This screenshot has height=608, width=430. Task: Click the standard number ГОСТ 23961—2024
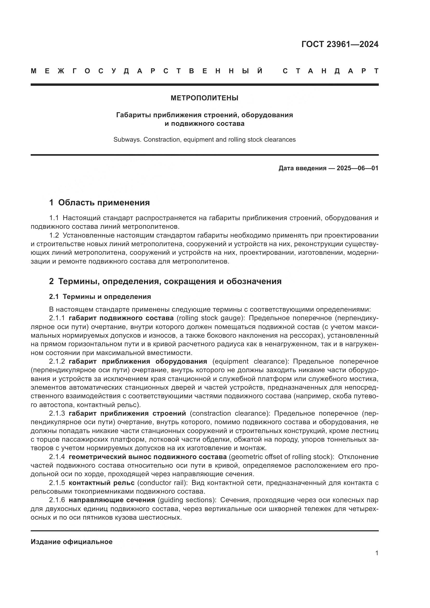coord(340,44)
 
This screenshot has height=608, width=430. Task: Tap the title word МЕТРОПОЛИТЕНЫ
coord(204,98)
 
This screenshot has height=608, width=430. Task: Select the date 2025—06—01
coord(357,168)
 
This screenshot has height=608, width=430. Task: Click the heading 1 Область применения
coord(99,202)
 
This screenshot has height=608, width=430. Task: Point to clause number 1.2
coord(54,236)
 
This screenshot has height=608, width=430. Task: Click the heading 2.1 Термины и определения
coord(100,297)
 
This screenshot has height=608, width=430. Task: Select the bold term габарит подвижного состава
coord(121,318)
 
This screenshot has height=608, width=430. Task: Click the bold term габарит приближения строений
coord(127,413)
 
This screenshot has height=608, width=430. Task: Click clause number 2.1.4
coord(57,457)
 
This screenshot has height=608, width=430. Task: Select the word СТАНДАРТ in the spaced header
coord(330,71)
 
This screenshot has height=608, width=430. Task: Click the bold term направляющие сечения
coord(112,500)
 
